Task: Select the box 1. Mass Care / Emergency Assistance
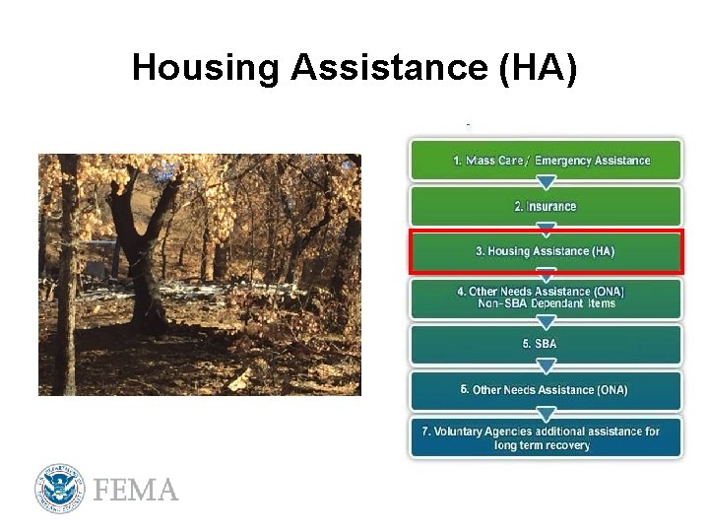coord(546,160)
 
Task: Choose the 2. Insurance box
coord(546,206)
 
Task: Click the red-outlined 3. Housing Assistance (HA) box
coord(546,251)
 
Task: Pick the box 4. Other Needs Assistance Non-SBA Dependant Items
coord(546,298)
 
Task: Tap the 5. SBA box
coord(546,344)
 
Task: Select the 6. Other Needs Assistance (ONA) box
coord(546,390)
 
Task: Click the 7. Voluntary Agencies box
coord(546,437)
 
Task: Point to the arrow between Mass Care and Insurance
coord(546,182)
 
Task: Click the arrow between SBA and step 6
coord(546,367)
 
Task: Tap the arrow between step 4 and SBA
coord(546,321)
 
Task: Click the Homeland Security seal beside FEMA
coord(61,489)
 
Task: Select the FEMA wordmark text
coord(136,490)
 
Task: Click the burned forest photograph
coord(200,275)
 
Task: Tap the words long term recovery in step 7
coord(543,445)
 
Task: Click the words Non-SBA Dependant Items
coord(547,303)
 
